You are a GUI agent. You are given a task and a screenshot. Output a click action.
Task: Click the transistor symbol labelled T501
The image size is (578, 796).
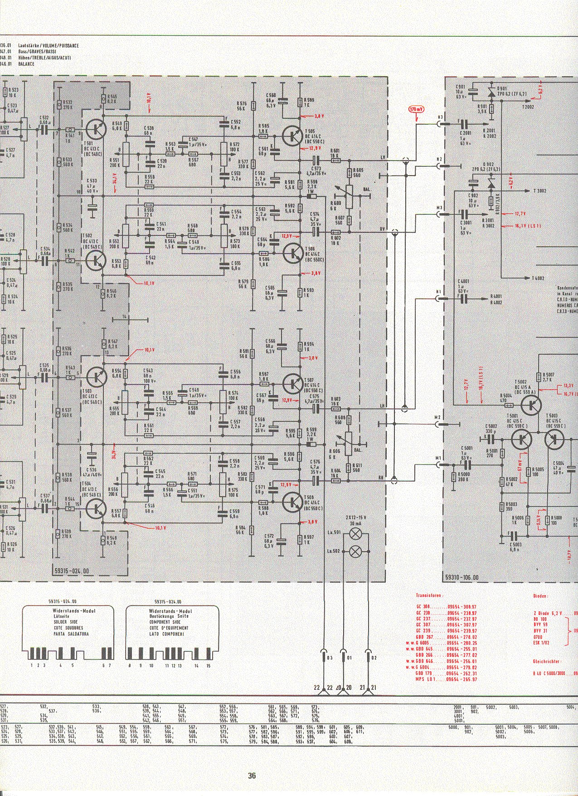(x=96, y=129)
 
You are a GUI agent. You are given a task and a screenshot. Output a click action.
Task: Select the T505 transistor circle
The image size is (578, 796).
(x=292, y=135)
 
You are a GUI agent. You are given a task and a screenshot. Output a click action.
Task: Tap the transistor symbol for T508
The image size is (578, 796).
(x=292, y=502)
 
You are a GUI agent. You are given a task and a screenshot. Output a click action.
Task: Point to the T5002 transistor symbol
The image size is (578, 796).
(x=530, y=405)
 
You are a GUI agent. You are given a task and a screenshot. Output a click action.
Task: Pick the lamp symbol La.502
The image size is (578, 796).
(x=356, y=551)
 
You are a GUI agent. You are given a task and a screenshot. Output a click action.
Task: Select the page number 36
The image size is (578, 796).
(x=252, y=775)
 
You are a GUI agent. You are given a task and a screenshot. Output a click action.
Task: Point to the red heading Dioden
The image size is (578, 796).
(x=542, y=596)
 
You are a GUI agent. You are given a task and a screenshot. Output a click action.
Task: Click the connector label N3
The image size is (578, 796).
(x=440, y=117)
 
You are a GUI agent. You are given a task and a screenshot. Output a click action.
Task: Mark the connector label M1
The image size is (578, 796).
(x=438, y=458)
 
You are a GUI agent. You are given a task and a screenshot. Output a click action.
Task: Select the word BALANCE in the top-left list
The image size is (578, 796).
(x=27, y=64)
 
